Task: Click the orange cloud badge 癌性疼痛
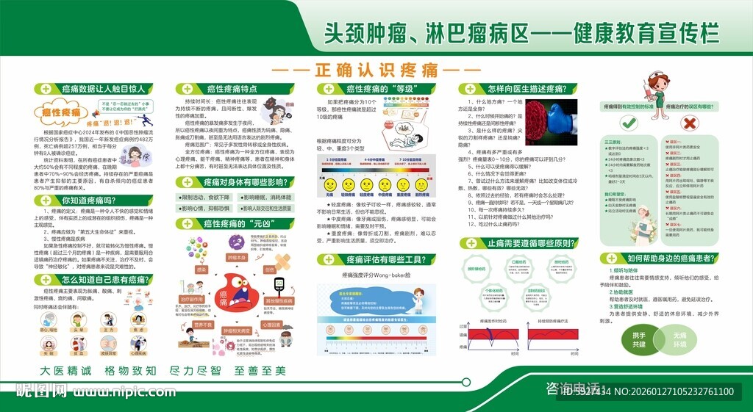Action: (x=61, y=112)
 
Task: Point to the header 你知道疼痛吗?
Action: (x=88, y=200)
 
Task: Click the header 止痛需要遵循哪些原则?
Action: (x=518, y=243)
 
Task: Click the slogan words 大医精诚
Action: (x=65, y=371)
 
